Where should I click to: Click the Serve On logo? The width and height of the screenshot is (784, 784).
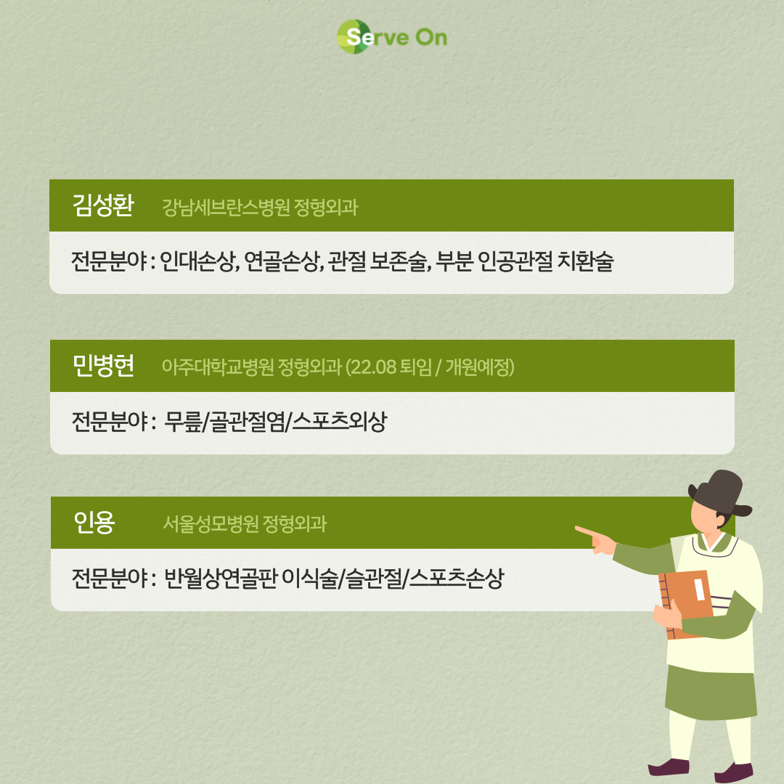coord(392,36)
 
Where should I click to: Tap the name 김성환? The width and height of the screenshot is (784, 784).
coord(103,205)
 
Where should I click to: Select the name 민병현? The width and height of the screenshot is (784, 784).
coord(103,365)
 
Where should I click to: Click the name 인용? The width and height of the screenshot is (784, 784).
coord(94,523)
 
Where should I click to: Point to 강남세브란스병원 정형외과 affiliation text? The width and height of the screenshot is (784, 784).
coord(260,207)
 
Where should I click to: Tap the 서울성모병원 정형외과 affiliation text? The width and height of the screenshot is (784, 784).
coord(245,523)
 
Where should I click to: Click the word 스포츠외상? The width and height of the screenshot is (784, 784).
coord(340,421)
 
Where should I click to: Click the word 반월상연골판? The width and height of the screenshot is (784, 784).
coord(220,578)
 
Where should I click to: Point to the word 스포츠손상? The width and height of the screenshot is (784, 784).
coord(457,578)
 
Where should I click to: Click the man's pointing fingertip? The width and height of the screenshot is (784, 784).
coord(576,528)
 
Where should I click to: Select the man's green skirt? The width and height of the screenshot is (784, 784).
coord(711,692)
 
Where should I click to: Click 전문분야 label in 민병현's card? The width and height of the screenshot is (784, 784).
coord(110,421)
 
